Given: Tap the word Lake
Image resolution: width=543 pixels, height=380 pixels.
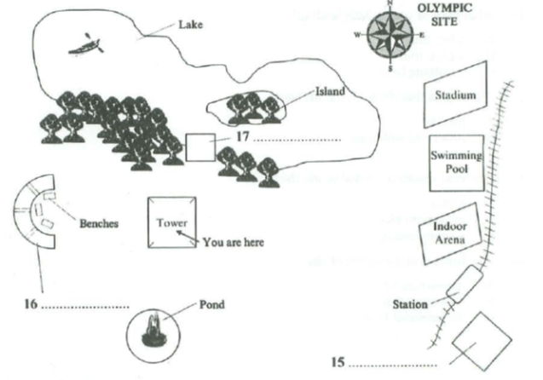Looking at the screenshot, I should pyautogui.click(x=190, y=25).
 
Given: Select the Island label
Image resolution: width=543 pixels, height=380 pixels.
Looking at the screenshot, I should pyautogui.click(x=330, y=91).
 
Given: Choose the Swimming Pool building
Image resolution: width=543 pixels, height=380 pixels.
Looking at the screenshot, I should pyautogui.click(x=456, y=162).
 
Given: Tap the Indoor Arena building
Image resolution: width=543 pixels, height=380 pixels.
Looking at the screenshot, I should pyautogui.click(x=448, y=233).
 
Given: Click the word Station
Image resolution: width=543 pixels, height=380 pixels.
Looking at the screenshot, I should pyautogui.click(x=410, y=302).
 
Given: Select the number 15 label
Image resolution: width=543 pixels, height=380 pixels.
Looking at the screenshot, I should pyautogui.click(x=338, y=362).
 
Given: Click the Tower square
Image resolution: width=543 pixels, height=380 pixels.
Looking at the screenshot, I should pyautogui.click(x=171, y=223).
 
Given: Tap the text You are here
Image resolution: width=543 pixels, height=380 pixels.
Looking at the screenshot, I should pyautogui.click(x=233, y=242).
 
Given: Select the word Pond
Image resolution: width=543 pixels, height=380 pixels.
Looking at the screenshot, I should pyautogui.click(x=212, y=303).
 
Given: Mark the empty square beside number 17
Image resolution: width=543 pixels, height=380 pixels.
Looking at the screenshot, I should pyautogui.click(x=200, y=147).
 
